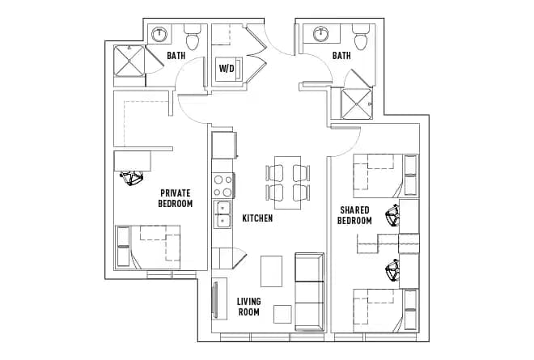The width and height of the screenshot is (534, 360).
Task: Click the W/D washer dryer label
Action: [226, 68]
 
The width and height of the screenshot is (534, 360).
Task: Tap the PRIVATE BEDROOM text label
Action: [175, 198]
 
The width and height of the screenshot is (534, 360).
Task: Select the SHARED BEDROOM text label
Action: [354, 215]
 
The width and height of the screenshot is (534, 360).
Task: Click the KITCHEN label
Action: [256, 218]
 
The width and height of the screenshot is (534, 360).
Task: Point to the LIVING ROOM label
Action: [248, 307]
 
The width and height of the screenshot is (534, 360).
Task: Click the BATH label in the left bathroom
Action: [176, 56]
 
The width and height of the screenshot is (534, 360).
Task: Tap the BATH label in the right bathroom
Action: [341, 56]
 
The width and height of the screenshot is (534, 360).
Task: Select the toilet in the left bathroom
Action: [193, 37]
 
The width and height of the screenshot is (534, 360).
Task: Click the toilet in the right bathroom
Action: [360, 37]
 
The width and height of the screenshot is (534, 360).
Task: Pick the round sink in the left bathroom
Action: [160, 35]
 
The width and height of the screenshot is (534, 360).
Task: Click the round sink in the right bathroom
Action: [320, 35]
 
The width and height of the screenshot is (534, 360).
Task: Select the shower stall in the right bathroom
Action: [357, 103]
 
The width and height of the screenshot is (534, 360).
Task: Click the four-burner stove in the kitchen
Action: [222, 186]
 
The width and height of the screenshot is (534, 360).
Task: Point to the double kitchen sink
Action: [222, 214]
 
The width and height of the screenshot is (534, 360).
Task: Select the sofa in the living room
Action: [308, 289]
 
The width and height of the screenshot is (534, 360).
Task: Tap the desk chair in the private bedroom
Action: [131, 178]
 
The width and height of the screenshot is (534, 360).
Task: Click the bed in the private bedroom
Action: [148, 247]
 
